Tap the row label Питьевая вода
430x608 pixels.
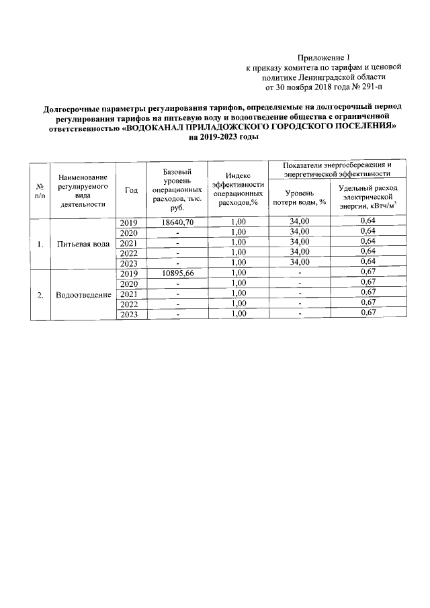pos(83,244)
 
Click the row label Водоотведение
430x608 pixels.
pos(83,295)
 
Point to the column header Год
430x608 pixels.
pos(132,190)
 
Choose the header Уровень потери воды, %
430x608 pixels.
pos(300,196)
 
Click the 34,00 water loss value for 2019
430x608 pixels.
pos(299,222)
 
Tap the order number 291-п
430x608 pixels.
pos(373,87)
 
